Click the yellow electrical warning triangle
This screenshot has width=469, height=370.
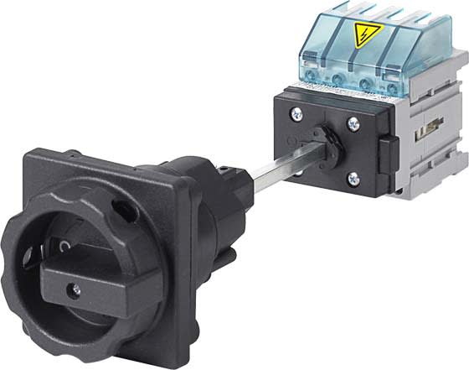point(366,34)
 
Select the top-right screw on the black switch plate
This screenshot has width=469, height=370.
point(353,122)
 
